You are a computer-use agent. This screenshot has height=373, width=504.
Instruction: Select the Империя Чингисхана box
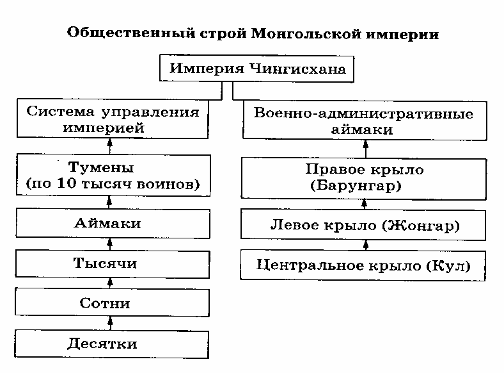pyautogui.click(x=256, y=69)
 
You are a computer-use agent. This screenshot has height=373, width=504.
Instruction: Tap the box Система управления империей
pyautogui.click(x=113, y=119)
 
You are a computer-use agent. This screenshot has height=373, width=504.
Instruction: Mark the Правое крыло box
pyautogui.click(x=364, y=178)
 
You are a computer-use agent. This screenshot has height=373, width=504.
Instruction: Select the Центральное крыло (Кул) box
pyautogui.click(x=363, y=264)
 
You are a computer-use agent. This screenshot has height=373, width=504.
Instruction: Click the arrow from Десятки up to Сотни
pyautogui.click(x=109, y=322)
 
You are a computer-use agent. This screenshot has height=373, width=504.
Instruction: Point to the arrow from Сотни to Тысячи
pyautogui.click(x=109, y=283)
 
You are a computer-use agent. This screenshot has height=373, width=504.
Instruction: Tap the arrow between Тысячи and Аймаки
pyautogui.click(x=109, y=243)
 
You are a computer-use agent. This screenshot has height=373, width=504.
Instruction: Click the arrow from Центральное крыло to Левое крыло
pyautogui.click(x=365, y=244)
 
